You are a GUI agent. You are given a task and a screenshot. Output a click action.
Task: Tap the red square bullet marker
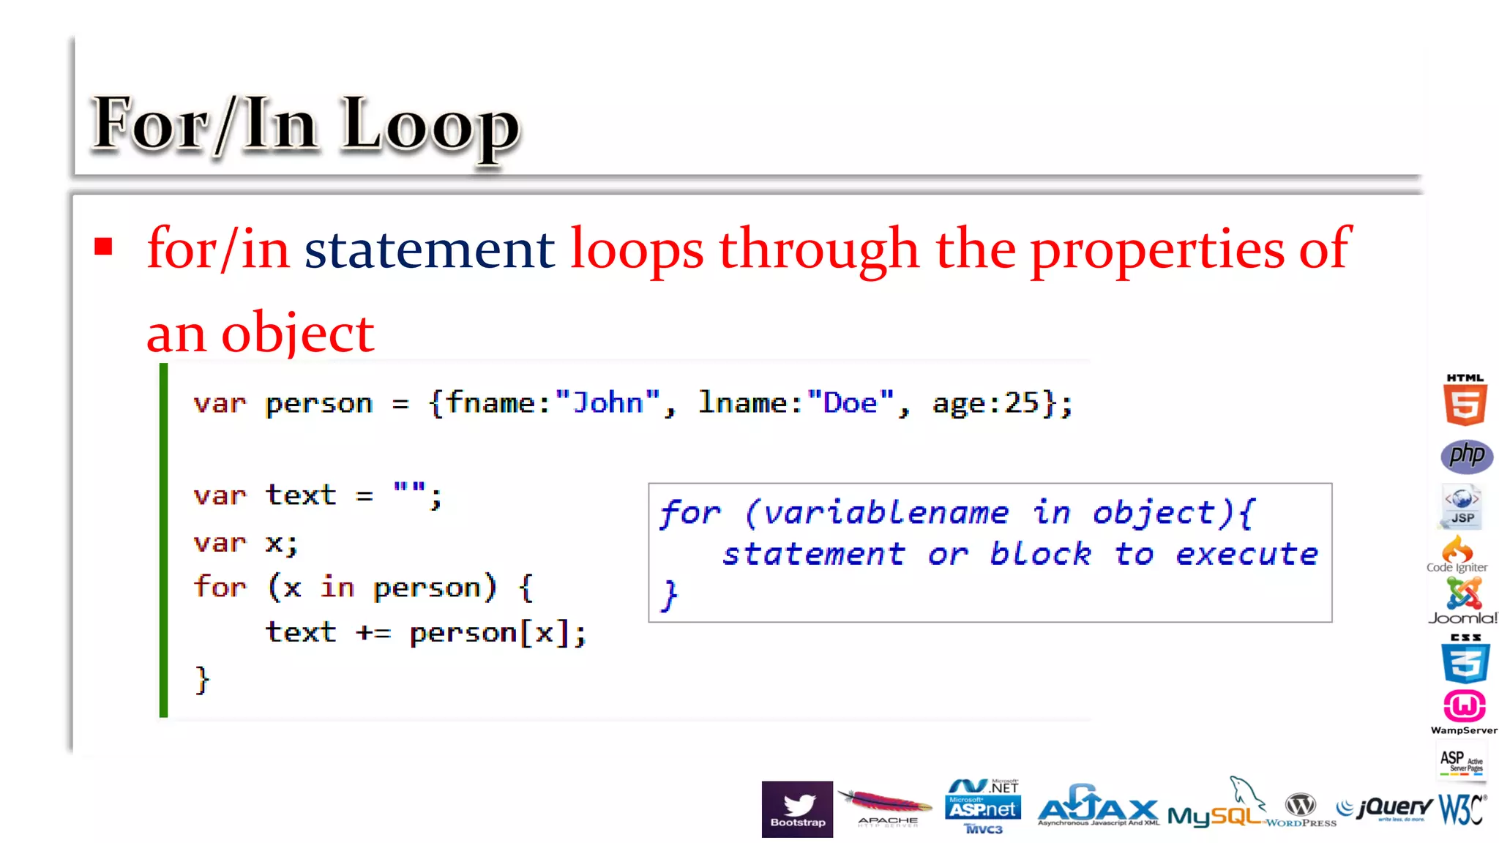103,247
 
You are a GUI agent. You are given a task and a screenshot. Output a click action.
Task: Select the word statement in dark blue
429,250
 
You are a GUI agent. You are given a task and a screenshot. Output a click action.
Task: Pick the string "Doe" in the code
850,403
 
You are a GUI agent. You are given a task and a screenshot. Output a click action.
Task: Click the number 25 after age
1022,403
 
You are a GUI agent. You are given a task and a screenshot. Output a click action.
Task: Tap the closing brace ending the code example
202,680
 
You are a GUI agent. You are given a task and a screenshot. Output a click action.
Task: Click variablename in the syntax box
886,513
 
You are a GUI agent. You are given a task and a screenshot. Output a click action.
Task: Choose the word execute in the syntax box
1246,555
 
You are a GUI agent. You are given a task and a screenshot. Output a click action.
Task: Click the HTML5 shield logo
1465,401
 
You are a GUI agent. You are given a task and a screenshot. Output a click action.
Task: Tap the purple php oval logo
1466,456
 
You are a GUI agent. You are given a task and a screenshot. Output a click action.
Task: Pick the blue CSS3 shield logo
1465,659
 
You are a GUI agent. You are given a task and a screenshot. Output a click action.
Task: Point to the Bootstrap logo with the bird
797,809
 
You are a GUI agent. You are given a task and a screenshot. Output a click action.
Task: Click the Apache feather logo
886,807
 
